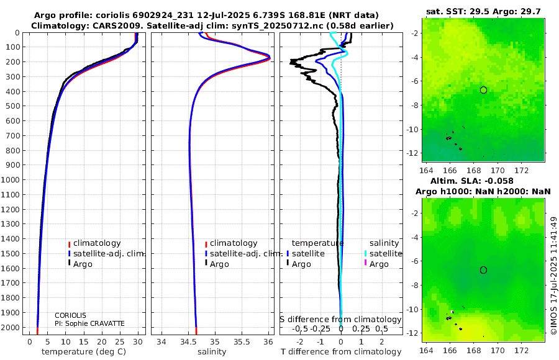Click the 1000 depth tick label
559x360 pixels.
click(x=11, y=179)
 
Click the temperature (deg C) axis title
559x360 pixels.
click(x=84, y=352)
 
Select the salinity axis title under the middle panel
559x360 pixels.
click(x=212, y=352)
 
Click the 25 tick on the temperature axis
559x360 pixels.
click(x=120, y=342)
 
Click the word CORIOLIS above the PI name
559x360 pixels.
click(x=70, y=315)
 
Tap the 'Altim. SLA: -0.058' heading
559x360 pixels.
click(x=471, y=181)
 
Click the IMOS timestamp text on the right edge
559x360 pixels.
click(x=553, y=276)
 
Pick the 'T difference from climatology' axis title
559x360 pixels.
click(x=341, y=352)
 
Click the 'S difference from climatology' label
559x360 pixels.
click(x=340, y=319)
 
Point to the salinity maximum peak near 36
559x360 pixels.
click(x=270, y=58)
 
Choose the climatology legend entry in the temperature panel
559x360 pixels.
click(x=94, y=243)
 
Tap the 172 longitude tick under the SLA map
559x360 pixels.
click(x=522, y=350)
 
